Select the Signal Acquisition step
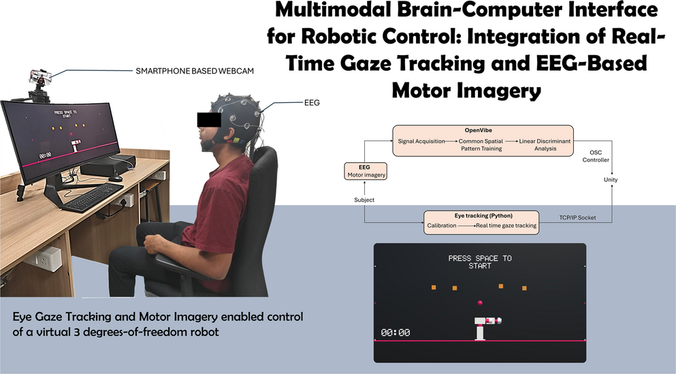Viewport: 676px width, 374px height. pyautogui.click(x=423, y=140)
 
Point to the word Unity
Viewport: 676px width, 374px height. pyautogui.click(x=612, y=179)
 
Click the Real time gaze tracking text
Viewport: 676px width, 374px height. pyautogui.click(x=506, y=225)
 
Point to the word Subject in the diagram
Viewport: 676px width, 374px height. pyautogui.click(x=364, y=200)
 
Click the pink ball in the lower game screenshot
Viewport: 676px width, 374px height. pyautogui.click(x=480, y=302)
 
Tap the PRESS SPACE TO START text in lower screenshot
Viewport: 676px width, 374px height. pyautogui.click(x=480, y=262)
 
